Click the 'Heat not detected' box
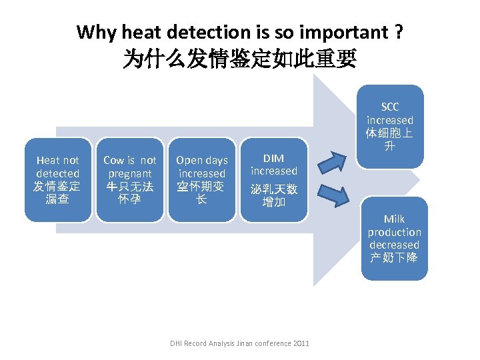57,179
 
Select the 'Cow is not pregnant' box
130,179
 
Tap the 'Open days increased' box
201,179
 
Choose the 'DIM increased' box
273,179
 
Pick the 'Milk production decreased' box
394,238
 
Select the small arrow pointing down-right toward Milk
333,195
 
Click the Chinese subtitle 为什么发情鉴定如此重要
239,60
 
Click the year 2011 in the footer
301,343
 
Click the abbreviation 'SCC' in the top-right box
390,107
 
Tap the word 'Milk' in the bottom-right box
394,219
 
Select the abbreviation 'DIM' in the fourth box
273,158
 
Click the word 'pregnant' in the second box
130,173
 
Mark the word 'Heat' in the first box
48,160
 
